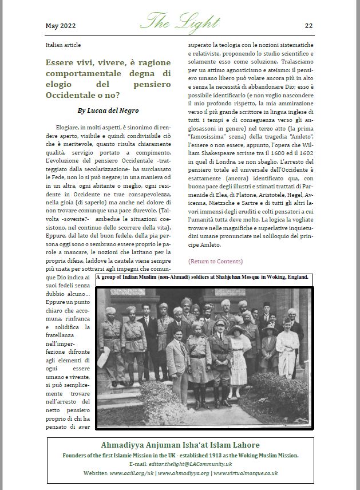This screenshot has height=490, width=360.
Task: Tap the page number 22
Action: point(308,26)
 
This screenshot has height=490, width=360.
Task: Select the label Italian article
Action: point(63,45)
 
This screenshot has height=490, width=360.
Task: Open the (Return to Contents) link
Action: point(215,262)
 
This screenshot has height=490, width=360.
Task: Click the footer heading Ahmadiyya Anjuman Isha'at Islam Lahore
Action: point(180,445)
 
